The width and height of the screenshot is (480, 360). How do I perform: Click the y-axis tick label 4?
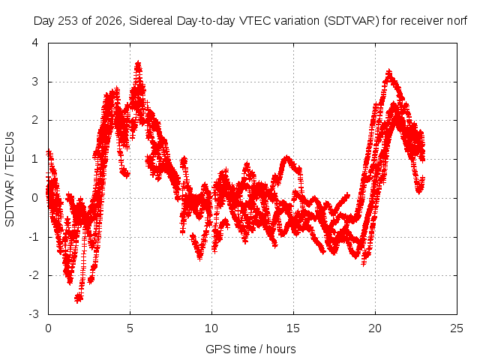pos(35,43)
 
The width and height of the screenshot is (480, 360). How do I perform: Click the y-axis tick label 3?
pos(35,82)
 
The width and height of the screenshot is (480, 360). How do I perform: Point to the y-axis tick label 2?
pos(35,120)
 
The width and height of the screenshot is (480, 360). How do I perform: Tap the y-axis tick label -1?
pos(33,237)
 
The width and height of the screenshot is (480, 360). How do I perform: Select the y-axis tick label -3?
pos(33,314)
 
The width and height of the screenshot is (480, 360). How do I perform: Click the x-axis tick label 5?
pos(130,328)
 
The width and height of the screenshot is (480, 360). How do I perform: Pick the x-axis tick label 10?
pos(211,328)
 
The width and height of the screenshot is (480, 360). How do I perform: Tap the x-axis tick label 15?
pos(293,328)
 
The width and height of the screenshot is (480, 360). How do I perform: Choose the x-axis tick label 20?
pos(375,328)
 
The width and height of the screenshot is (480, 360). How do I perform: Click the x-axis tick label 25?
pos(457,328)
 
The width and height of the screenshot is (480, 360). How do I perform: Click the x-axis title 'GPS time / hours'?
pos(250,349)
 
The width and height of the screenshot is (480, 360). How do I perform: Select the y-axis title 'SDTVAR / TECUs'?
pos(10,179)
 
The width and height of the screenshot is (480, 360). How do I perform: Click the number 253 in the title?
pos(68,21)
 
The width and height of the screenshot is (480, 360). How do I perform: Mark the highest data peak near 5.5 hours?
pos(138,63)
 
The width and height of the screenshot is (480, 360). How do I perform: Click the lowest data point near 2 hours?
pos(78,298)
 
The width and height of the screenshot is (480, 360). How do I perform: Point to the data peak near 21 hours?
pos(388,73)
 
